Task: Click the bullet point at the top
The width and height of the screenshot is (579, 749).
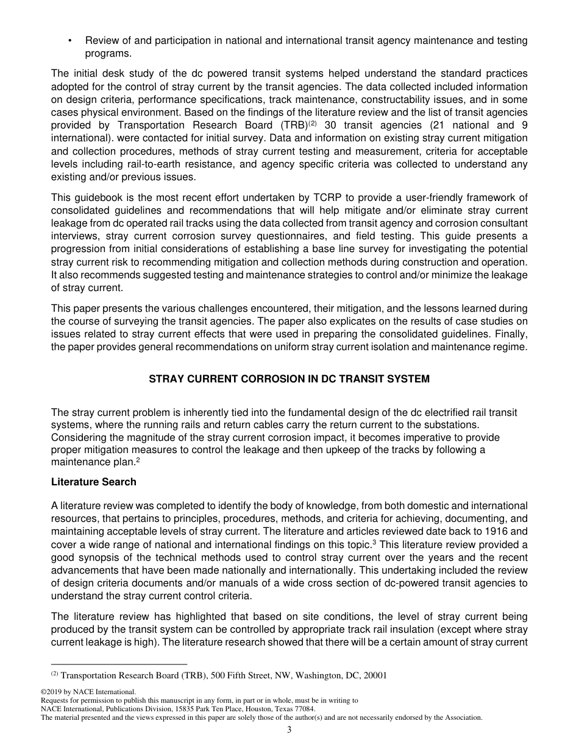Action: tap(70, 41)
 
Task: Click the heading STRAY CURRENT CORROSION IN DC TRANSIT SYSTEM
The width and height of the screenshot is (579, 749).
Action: tap(289, 379)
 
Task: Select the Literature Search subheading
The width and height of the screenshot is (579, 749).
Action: tap(94, 482)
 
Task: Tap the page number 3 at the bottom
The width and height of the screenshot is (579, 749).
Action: tap(289, 730)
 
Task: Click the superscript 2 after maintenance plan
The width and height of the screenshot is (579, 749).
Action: tap(138, 461)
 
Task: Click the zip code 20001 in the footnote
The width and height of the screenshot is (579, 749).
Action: tap(374, 675)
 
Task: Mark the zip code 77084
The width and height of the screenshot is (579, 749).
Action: tap(302, 709)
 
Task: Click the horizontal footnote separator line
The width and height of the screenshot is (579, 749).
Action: tap(119, 664)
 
